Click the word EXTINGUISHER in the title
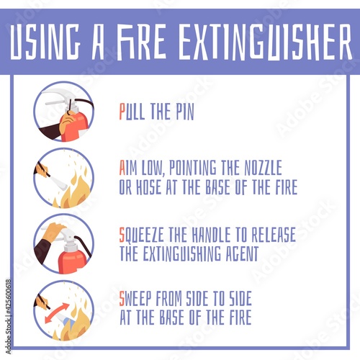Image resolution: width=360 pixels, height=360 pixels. click(265, 42)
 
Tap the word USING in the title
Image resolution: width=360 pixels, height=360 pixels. click(45, 42)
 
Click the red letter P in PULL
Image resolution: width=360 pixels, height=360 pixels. click(122, 112)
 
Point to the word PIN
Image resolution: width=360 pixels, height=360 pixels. click(184, 112)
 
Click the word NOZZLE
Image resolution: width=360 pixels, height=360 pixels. click(263, 168)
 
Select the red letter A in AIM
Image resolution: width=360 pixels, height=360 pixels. click(122, 168)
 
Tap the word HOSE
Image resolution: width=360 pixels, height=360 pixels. click(148, 186)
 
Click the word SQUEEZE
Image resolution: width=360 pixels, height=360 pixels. click(142, 235)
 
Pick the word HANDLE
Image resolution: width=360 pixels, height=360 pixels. click(211, 235)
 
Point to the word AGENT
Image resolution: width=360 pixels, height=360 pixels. click(242, 253)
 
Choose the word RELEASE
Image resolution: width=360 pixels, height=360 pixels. click(274, 235)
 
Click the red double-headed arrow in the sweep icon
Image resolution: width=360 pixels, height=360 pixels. click(57, 312)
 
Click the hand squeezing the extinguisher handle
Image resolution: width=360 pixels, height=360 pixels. click(53, 232)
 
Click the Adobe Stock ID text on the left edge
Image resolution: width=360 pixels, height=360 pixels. click(8, 316)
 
